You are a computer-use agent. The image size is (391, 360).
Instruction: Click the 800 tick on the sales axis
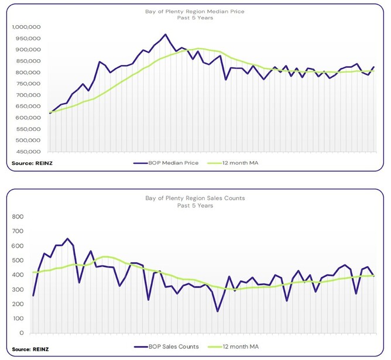tap(17, 217)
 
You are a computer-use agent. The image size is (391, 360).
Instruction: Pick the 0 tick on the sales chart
tap(21, 333)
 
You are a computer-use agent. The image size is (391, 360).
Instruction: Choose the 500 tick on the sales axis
tap(17, 260)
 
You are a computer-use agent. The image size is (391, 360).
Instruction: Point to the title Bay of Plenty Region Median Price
tap(195, 11)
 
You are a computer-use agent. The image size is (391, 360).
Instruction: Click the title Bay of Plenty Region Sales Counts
tap(195, 198)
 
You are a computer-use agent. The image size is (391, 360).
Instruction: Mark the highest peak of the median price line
tap(165, 35)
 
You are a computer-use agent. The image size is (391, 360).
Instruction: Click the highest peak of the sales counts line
tap(67, 239)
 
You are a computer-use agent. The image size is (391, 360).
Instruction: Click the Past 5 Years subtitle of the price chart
tap(195, 18)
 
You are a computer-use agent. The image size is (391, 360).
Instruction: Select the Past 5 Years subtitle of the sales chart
tap(195, 205)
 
